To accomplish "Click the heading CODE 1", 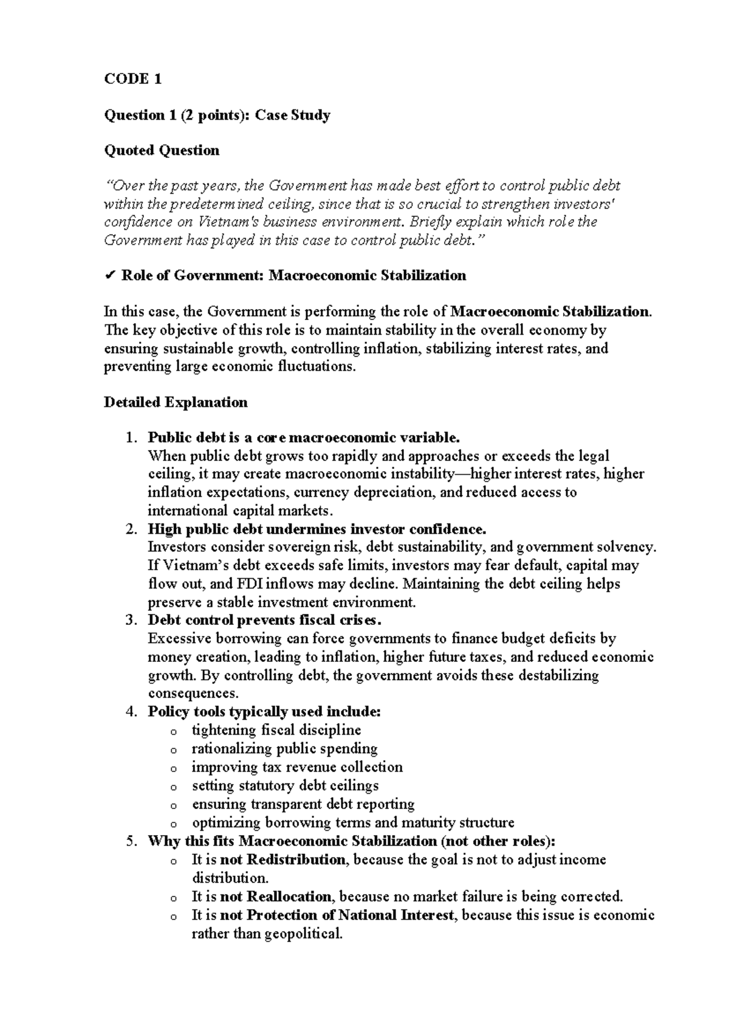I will click(x=132, y=79).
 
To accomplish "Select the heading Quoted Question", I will click(x=162, y=150).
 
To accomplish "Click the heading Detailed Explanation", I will click(x=176, y=402).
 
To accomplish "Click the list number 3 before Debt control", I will click(x=129, y=620).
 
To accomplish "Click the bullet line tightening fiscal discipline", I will click(x=276, y=730).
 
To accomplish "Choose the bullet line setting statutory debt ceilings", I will click(x=285, y=785).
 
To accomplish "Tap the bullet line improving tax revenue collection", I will click(x=297, y=767).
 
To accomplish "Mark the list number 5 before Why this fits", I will click(x=129, y=841).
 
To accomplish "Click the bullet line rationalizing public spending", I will click(x=284, y=748).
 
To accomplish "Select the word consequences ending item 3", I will click(x=193, y=694).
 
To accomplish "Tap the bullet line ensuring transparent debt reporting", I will click(x=303, y=804).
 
